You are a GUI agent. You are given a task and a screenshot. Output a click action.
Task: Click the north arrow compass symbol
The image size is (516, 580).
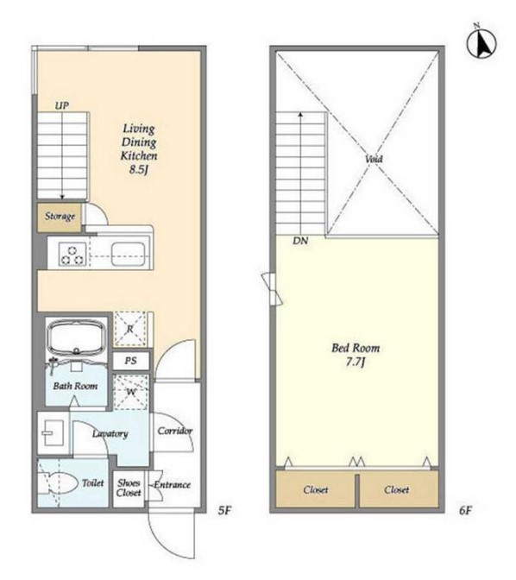(481, 43)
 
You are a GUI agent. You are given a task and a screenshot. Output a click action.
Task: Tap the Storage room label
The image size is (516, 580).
(60, 216)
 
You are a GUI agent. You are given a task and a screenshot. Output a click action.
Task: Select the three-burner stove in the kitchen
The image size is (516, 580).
(72, 255)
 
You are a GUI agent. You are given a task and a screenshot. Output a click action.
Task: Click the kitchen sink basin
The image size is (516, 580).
(128, 254)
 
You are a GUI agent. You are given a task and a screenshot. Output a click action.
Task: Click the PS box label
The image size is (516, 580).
(130, 361)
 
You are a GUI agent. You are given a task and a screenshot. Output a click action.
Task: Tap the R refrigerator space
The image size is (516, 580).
(130, 329)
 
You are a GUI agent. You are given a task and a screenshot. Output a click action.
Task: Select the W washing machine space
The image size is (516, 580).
(130, 393)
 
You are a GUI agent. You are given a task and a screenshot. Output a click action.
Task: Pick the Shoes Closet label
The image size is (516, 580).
(129, 488)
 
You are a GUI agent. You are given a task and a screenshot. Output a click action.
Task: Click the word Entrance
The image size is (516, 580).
(173, 484)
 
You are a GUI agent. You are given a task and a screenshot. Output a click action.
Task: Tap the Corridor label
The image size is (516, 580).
(175, 431)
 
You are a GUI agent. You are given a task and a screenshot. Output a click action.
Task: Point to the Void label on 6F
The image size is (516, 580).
(374, 159)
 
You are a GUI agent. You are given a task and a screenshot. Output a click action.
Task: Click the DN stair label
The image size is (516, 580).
(300, 241)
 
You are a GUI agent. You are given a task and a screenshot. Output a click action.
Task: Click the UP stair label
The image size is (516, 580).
(62, 106)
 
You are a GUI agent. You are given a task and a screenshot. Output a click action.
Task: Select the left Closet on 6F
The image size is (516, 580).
(316, 489)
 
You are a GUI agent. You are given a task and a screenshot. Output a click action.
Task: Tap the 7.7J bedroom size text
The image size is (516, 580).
(356, 362)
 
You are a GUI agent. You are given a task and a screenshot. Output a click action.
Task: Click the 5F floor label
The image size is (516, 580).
(224, 510)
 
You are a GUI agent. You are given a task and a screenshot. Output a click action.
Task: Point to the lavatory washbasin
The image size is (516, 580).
(51, 432)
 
